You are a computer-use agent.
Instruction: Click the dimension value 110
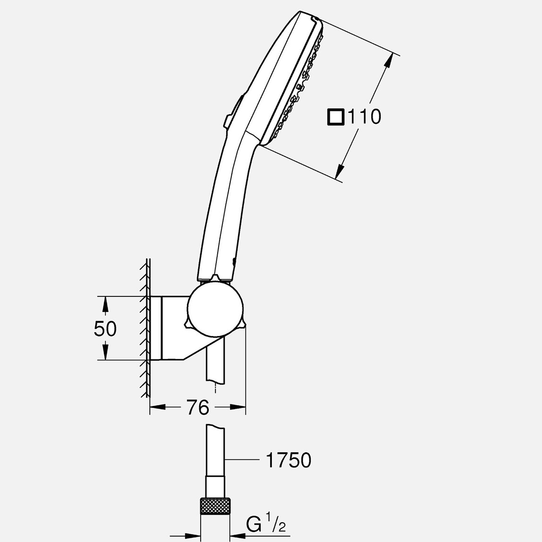(x=364, y=116)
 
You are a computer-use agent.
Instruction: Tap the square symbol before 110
(x=335, y=117)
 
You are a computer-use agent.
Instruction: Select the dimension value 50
(x=105, y=329)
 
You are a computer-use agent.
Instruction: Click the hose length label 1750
(x=289, y=460)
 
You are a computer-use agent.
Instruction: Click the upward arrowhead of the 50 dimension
(x=105, y=304)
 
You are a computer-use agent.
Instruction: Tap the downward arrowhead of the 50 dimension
(x=105, y=353)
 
